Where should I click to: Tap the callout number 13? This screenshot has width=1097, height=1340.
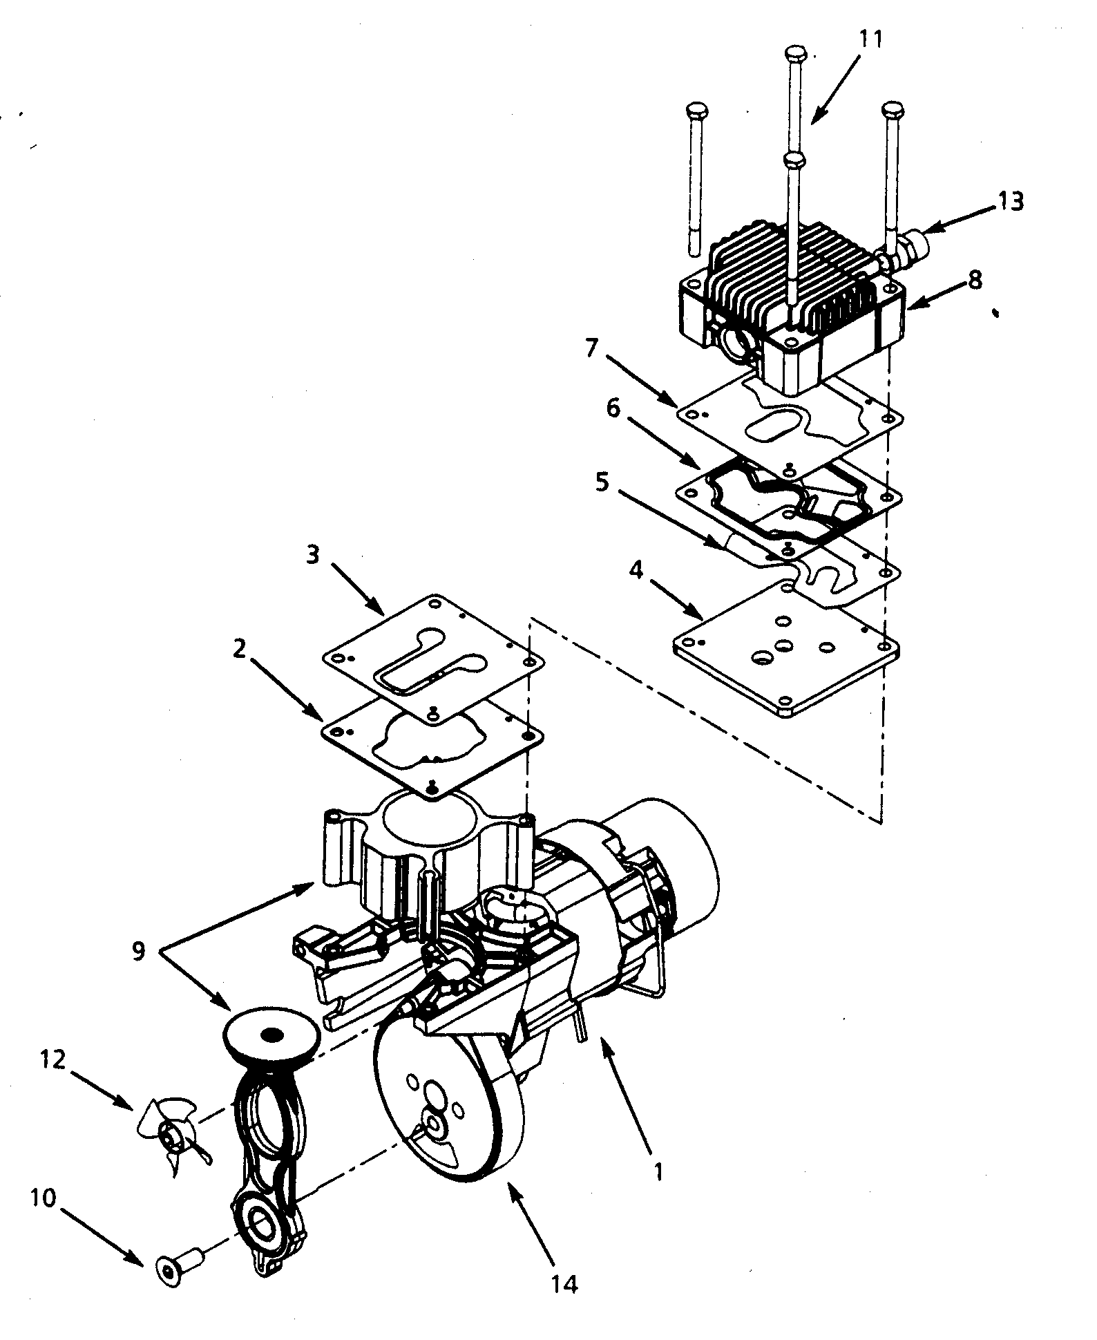click(1011, 201)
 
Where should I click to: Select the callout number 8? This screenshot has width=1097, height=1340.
click(975, 281)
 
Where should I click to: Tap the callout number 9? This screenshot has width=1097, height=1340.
click(139, 951)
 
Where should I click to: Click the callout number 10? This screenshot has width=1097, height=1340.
click(42, 1198)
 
